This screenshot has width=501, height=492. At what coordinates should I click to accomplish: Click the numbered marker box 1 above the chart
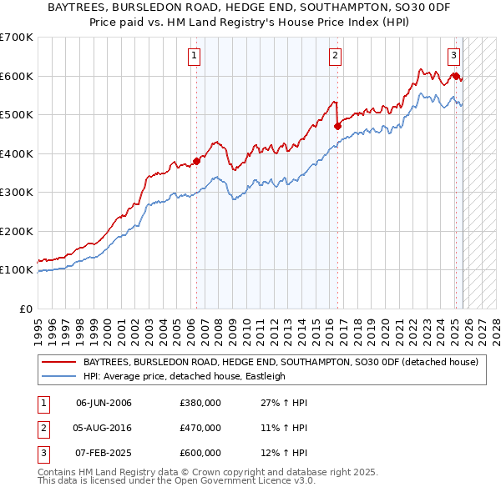(194, 56)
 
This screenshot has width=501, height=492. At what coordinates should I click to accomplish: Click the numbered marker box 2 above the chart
(334, 56)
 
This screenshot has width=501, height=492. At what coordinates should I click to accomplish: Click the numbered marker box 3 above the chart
(453, 56)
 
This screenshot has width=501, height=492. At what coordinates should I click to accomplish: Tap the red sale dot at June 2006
(197, 161)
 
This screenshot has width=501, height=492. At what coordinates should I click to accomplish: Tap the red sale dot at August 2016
(338, 126)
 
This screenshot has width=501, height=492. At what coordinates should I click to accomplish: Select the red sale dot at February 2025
(456, 76)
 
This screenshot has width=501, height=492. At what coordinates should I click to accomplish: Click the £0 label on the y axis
(25, 309)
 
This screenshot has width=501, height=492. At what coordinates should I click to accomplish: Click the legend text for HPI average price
(185, 376)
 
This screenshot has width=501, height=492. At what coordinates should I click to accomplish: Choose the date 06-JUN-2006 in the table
(104, 404)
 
